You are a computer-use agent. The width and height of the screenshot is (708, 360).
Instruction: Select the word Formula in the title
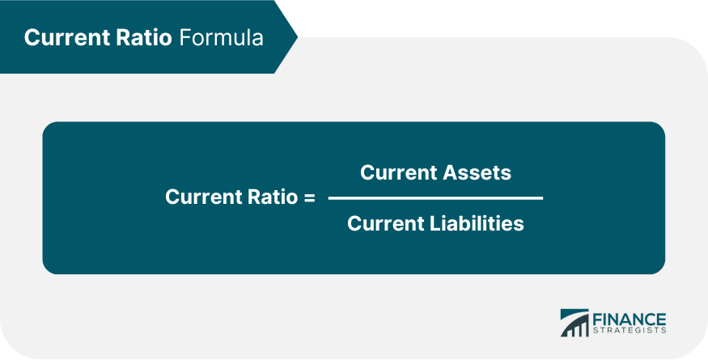pyautogui.click(x=220, y=38)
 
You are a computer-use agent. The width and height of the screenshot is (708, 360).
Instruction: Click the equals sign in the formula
pyautogui.click(x=309, y=197)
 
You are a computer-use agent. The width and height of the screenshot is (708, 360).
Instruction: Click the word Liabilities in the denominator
pyautogui.click(x=479, y=223)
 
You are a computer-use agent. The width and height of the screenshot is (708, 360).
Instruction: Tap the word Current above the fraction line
pyautogui.click(x=397, y=172)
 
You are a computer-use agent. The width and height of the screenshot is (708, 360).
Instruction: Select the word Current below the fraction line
pyautogui.click(x=384, y=223)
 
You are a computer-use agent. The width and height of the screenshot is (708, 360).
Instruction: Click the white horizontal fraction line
pyautogui.click(x=435, y=197)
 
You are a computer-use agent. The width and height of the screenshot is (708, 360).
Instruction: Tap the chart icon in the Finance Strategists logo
pyautogui.click(x=575, y=322)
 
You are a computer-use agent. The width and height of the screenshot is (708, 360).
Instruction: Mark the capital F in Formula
pyautogui.click(x=183, y=38)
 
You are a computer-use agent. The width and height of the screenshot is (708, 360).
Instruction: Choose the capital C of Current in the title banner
pyautogui.click(x=32, y=38)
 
